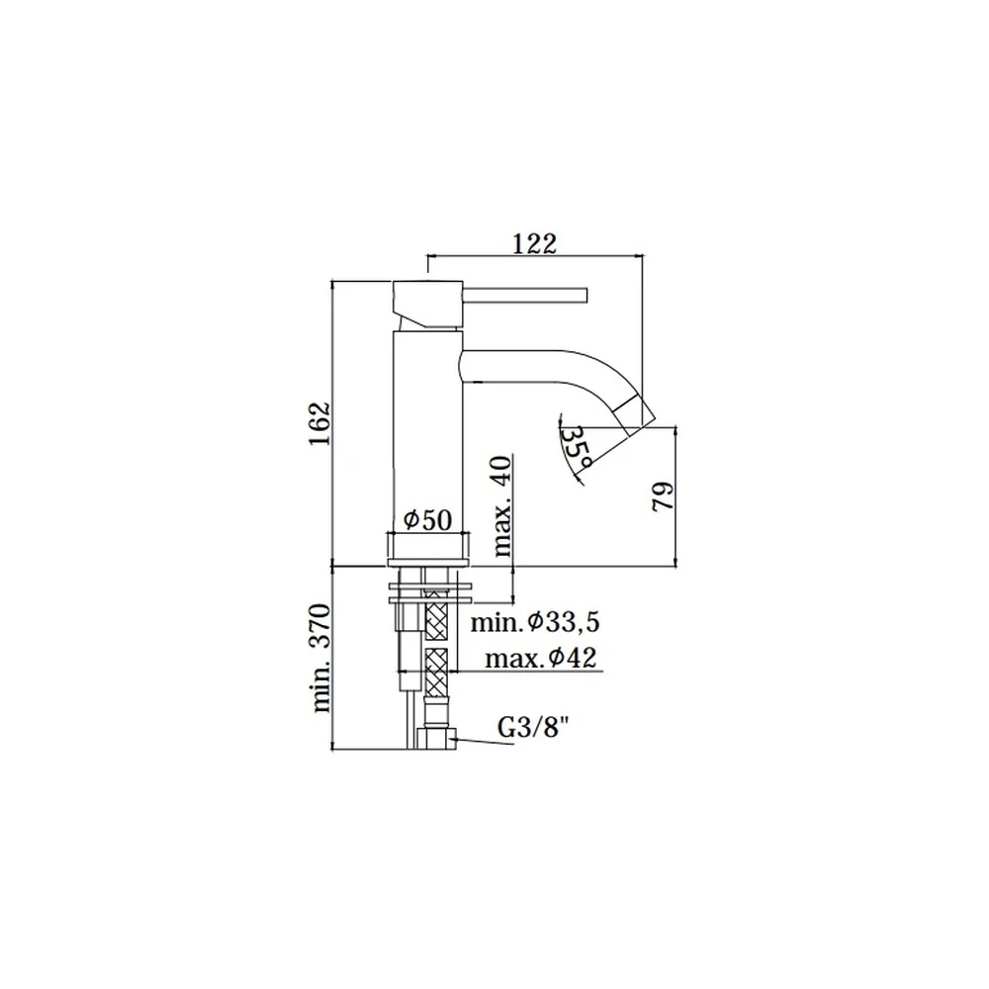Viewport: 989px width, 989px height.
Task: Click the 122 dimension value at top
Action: coord(534,243)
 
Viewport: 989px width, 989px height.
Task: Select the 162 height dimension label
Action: coord(319,422)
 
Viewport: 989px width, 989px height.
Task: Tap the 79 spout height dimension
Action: coord(663,497)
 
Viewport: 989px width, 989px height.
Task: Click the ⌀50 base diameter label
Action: coord(427,520)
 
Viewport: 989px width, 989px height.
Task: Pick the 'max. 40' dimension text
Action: coord(502,505)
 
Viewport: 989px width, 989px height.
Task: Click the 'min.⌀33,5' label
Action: coord(535,622)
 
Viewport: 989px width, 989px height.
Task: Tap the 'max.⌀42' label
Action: coord(541,659)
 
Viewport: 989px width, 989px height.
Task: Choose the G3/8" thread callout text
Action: coord(529,729)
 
